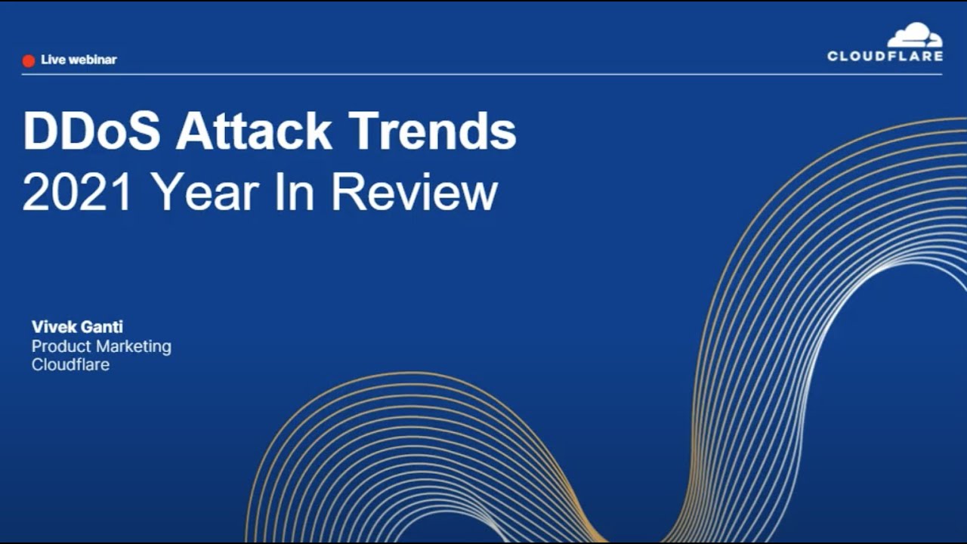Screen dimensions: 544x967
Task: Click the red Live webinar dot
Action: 29,60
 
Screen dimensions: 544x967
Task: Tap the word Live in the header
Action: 53,60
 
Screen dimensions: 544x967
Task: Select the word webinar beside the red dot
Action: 92,60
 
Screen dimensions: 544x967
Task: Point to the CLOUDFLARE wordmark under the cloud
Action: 885,56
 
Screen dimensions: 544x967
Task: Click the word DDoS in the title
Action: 91,132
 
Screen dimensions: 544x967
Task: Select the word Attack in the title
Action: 254,132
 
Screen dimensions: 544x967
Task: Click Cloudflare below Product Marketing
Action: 70,365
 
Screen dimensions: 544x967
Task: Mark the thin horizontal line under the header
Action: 483,74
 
